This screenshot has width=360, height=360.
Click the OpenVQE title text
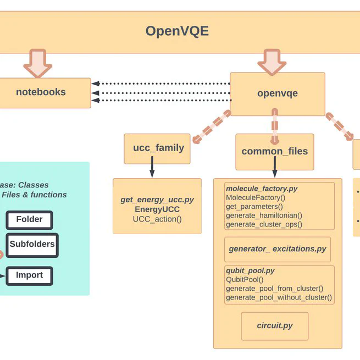(177, 31)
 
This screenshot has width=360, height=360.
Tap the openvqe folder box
(277, 93)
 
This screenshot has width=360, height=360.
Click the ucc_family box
(158, 148)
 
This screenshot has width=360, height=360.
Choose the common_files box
(275, 152)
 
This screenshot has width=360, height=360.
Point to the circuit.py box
(275, 326)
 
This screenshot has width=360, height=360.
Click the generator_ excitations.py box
(278, 249)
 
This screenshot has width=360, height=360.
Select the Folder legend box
(29, 220)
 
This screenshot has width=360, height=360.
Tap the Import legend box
(29, 276)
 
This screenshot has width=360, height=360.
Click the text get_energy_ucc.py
(157, 200)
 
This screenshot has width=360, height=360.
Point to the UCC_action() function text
(157, 219)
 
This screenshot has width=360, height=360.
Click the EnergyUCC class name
(157, 209)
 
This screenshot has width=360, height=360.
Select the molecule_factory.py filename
(262, 189)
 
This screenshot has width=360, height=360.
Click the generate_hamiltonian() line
(264, 215)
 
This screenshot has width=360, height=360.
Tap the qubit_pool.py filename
(250, 271)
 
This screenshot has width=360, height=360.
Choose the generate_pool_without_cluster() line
(279, 298)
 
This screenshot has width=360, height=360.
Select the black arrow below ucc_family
(152, 168)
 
